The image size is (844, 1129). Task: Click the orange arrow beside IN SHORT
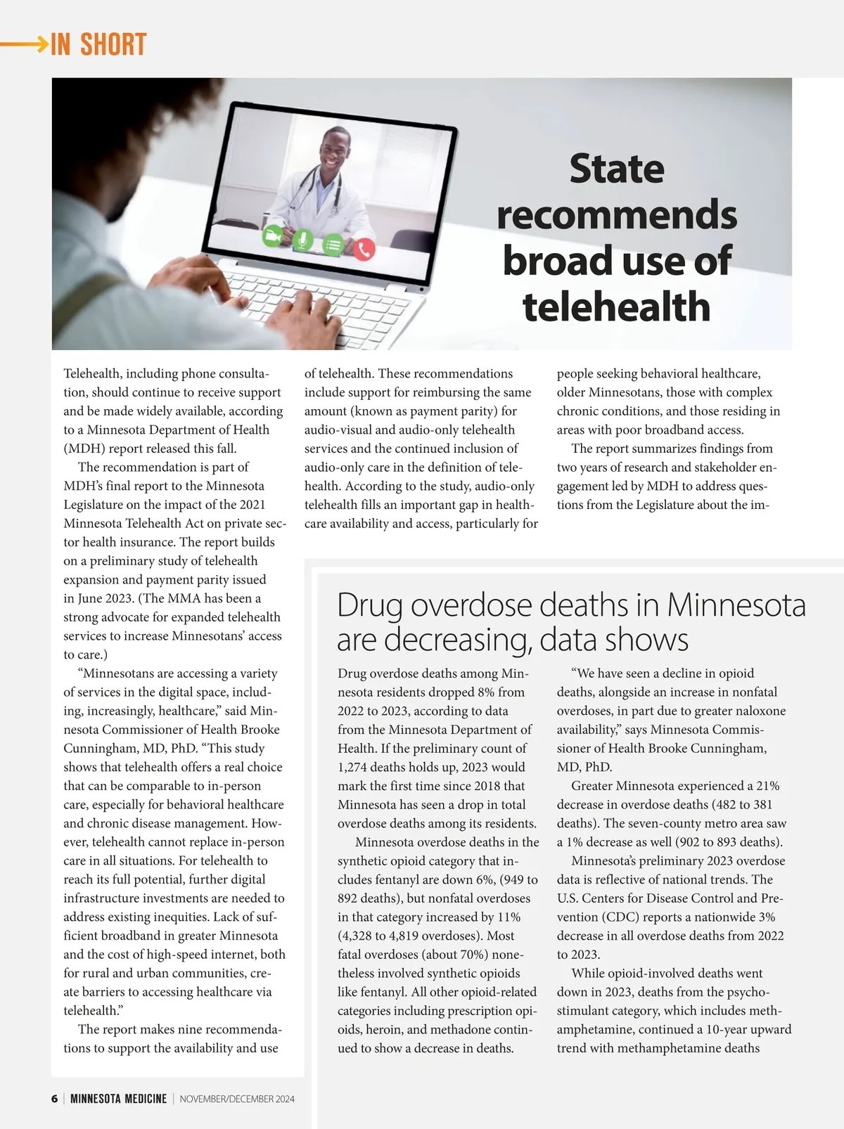24,44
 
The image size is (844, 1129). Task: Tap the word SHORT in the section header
113,45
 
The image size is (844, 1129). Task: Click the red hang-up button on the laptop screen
364,249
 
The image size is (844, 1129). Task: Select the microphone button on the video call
303,240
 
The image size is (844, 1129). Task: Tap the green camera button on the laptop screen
273,236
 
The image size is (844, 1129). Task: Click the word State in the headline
616,169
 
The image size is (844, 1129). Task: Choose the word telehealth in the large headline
616,307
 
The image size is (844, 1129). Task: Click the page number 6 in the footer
55,1099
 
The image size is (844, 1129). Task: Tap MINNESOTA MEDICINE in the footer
119,1099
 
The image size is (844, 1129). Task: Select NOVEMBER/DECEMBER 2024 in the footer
237,1099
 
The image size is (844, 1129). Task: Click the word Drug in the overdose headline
370,605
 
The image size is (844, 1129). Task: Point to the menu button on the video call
333,245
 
